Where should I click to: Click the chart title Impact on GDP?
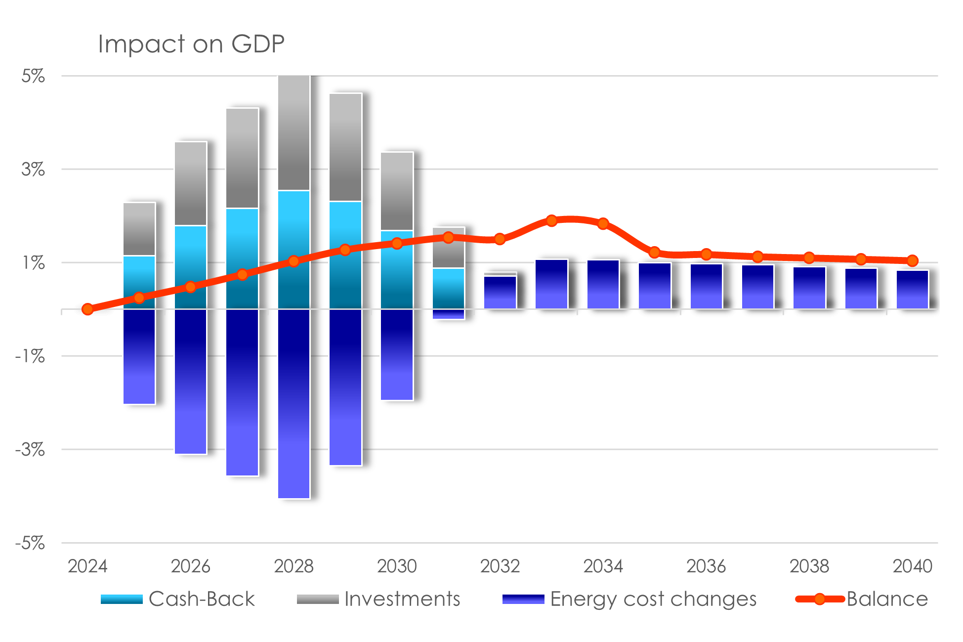[191, 44]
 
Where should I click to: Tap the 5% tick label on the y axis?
[33, 76]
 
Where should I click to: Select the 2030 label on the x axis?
[397, 566]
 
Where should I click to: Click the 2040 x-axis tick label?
[912, 566]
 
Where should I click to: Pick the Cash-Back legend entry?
[178, 599]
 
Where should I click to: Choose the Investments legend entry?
[378, 599]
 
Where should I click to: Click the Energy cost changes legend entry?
[629, 599]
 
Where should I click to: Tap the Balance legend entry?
[862, 599]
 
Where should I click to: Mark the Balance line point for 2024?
[87, 309]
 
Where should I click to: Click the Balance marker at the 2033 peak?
[551, 220]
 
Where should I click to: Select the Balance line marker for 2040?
[912, 260]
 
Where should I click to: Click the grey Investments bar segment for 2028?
[294, 132]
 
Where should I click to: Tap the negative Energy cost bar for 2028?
[294, 403]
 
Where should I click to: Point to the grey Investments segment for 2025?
[139, 229]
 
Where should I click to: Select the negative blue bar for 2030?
[397, 354]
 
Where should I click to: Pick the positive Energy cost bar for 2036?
[706, 287]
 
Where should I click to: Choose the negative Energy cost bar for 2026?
[191, 382]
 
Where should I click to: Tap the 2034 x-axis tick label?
[603, 566]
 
